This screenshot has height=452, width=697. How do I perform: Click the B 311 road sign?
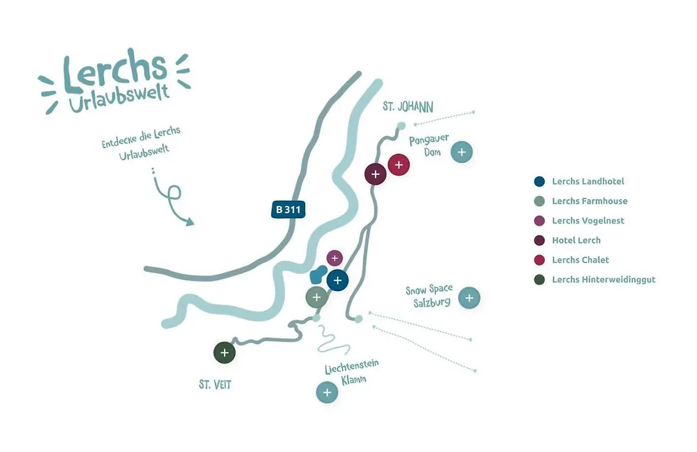click(288, 209)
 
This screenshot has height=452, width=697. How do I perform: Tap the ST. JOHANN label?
click(408, 107)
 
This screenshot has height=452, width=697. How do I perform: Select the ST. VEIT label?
click(215, 384)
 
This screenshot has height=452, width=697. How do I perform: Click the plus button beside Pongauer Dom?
click(461, 152)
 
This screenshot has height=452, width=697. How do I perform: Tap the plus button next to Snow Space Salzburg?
click(469, 298)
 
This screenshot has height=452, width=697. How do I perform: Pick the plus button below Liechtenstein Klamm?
click(327, 393)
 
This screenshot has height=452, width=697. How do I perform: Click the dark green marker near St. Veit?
click(225, 353)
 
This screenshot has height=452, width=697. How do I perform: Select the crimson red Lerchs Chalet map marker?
click(399, 165)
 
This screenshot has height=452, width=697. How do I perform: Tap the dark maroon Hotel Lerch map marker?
click(376, 174)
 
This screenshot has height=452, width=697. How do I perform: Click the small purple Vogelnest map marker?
click(335, 258)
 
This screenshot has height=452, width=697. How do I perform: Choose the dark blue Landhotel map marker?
click(338, 280)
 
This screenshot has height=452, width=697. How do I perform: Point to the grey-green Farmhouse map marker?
click(316, 297)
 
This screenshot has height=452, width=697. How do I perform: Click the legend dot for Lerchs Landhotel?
click(539, 181)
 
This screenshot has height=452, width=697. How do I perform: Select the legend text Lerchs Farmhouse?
click(590, 201)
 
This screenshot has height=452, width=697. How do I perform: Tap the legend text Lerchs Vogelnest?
click(588, 221)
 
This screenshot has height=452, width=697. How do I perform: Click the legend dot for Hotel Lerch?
click(539, 240)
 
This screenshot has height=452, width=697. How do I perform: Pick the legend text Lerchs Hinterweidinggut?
click(603, 280)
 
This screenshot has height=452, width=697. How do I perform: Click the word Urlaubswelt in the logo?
click(119, 99)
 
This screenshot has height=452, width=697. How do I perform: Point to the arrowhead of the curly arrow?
click(190, 221)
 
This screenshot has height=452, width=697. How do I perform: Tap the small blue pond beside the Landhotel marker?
click(318, 274)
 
